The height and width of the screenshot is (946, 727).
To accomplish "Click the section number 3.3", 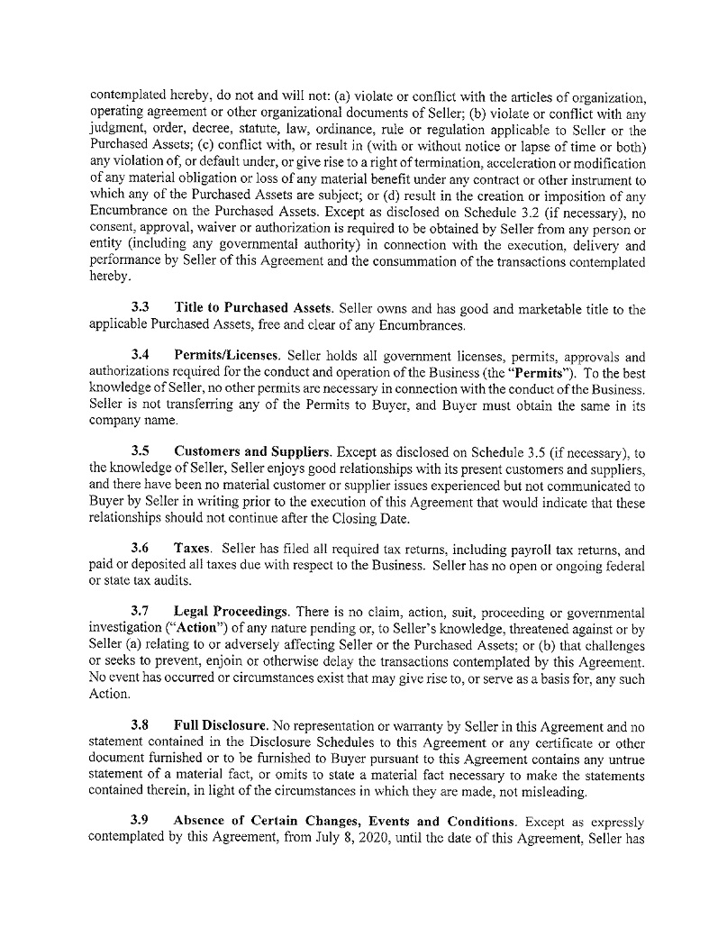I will [x=141, y=309].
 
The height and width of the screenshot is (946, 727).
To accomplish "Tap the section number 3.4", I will [x=141, y=356].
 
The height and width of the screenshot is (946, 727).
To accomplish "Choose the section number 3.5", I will [x=141, y=450].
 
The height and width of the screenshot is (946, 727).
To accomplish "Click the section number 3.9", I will [x=141, y=821].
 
